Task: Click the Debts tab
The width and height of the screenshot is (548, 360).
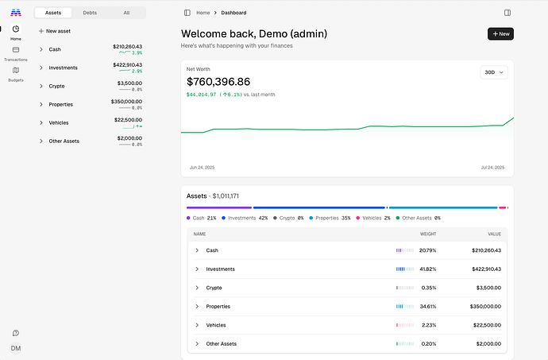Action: pos(90,13)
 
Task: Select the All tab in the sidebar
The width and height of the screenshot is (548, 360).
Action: pos(126,13)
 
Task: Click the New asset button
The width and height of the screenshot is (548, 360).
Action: pos(55,31)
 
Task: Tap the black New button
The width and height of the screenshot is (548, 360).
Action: pos(500,34)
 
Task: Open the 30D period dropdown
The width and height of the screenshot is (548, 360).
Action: pos(494,72)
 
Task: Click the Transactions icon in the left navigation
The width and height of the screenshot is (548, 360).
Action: pos(16,50)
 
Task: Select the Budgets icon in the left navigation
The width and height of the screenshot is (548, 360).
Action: pos(16,70)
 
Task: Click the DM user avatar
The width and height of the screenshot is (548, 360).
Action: pos(16,348)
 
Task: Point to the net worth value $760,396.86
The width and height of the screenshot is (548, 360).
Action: pos(218,82)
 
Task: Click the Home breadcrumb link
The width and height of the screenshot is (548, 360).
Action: pos(203,13)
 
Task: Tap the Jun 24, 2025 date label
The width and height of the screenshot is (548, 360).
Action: pos(202,168)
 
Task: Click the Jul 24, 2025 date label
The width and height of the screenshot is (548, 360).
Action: pos(492,168)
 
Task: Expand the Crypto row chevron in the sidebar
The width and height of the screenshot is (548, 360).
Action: pos(41,86)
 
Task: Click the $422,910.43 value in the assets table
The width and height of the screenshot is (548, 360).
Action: pos(487,269)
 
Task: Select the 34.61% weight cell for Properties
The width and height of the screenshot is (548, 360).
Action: pos(428,307)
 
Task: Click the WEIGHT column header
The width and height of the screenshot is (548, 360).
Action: pos(428,234)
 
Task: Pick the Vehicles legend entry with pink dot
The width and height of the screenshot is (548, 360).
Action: pos(373,218)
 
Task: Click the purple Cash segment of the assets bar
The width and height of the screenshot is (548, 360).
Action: pos(219,207)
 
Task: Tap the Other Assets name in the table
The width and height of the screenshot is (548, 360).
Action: pos(222,344)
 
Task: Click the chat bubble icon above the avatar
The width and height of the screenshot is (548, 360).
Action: pos(16,333)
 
